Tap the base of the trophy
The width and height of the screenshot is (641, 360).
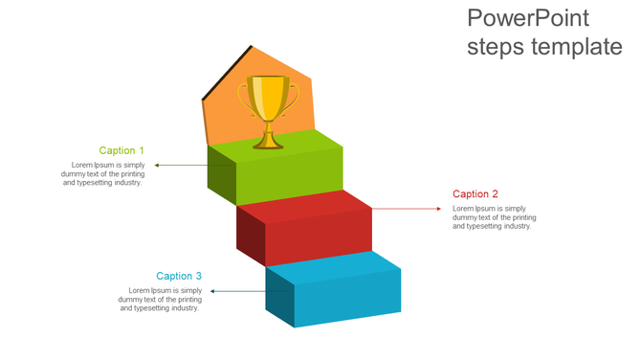click(x=268, y=144)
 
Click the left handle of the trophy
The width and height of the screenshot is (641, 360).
click(x=244, y=96)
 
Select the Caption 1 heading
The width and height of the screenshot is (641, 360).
click(x=122, y=150)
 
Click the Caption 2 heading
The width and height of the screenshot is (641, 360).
click(x=475, y=194)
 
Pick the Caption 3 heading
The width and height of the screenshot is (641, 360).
click(x=179, y=276)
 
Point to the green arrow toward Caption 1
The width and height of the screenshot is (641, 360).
click(x=181, y=166)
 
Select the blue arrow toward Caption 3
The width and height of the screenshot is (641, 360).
click(x=237, y=290)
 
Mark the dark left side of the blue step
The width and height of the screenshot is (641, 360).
click(x=279, y=297)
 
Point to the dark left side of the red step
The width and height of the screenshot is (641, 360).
click(x=251, y=235)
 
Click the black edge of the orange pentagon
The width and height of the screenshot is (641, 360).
click(x=227, y=71)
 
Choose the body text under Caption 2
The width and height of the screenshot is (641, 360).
click(x=494, y=217)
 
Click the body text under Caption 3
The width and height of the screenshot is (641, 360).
click(x=160, y=300)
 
